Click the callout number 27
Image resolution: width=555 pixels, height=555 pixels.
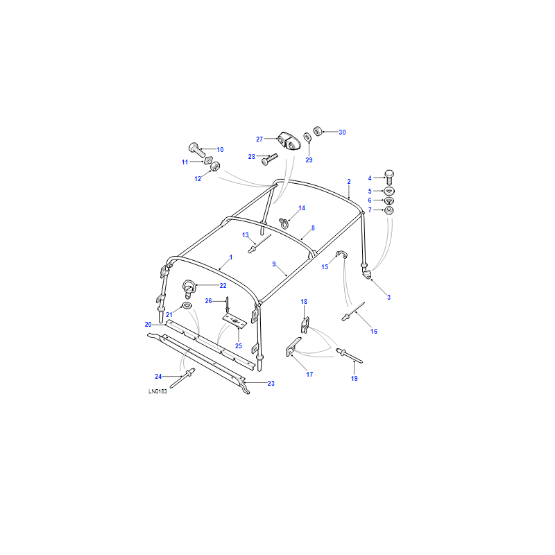point(259,139)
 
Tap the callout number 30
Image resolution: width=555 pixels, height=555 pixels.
point(342,133)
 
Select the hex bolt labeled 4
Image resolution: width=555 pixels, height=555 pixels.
point(389,177)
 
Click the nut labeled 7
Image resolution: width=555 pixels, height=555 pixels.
point(389,211)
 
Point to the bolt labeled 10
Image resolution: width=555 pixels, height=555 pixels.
point(197,151)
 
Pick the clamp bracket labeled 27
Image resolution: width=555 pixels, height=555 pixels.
point(289,141)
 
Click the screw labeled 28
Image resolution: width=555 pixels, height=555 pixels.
point(269,159)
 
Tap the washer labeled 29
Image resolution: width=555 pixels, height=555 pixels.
point(307,137)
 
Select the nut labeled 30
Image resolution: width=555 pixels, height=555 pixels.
point(318,131)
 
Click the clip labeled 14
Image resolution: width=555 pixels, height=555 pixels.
point(284,223)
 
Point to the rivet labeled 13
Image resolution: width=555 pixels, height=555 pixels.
point(259,244)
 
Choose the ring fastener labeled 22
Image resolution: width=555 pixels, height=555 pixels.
point(188,289)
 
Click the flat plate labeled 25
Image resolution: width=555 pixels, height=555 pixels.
point(234,320)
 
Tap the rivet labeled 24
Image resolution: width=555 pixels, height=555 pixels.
point(182,378)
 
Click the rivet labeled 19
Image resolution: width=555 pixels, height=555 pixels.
point(349,356)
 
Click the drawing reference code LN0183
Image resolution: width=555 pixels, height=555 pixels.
point(157,391)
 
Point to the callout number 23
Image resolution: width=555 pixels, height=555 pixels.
point(271,384)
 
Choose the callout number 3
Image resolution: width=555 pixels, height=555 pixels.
point(388,298)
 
